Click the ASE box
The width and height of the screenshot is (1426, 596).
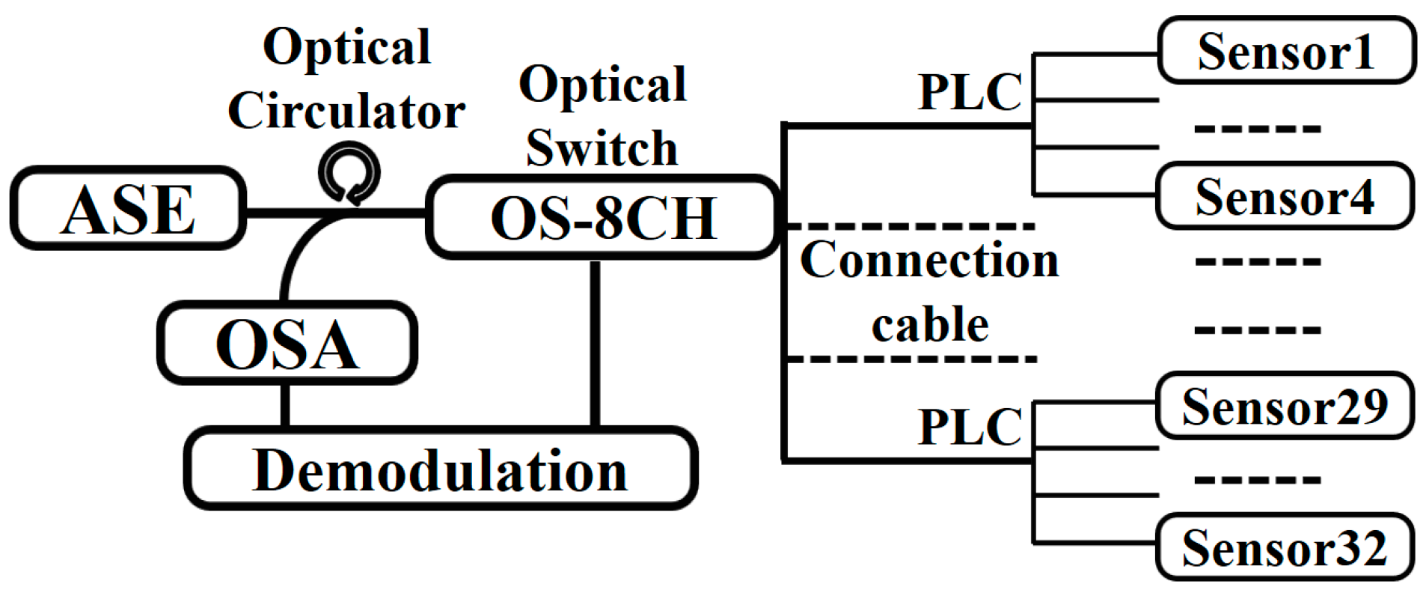(x=128, y=209)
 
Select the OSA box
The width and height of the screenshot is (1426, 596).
(x=287, y=344)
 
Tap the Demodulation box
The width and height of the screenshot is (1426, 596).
(x=440, y=469)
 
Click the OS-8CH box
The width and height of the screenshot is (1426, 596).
(x=603, y=218)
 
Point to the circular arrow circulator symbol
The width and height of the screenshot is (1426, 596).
(x=349, y=174)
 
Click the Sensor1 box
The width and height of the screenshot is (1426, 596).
(x=1285, y=51)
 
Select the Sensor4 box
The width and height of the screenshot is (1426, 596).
(x=1284, y=196)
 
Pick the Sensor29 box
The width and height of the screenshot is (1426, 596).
(x=1284, y=406)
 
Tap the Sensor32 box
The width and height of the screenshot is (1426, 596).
(x=1284, y=547)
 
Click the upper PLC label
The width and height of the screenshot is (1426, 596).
(x=970, y=91)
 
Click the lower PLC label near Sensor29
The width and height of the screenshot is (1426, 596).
(x=970, y=426)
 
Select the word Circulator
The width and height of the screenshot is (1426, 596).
(x=346, y=111)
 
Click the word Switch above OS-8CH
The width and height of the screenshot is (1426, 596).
(x=602, y=148)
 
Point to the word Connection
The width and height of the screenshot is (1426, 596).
(x=929, y=260)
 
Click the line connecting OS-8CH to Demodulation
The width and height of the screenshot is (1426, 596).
(x=595, y=344)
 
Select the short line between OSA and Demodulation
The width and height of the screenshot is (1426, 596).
(x=285, y=404)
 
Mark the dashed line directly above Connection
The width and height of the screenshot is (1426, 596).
(x=913, y=225)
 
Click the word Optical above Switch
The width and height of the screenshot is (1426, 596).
(x=602, y=84)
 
